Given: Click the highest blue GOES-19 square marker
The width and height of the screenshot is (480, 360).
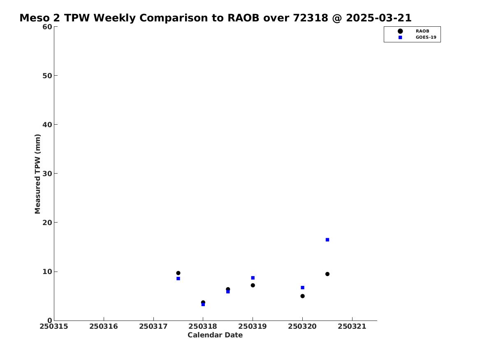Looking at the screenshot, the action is point(327,240).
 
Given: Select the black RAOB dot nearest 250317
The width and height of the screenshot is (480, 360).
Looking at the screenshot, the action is point(178,273).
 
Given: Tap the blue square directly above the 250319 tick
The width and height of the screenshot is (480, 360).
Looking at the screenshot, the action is point(253,278).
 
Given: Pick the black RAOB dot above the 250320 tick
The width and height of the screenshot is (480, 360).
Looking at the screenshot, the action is point(302,296).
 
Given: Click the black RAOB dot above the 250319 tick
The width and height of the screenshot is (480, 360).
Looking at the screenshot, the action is point(253,285).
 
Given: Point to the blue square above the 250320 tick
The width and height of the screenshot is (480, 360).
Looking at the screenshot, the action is point(302,288).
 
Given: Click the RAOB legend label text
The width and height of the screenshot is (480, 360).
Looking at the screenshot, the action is point(422,31).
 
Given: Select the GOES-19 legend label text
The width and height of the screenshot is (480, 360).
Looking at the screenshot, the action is point(426,37).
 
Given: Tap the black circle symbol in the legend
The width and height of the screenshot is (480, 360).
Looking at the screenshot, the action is point(400,31).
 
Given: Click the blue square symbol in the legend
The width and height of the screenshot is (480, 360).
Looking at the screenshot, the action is point(400,37).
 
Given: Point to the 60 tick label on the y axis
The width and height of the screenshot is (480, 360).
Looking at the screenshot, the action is point(47,27).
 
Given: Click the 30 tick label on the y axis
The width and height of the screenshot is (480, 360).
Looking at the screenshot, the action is point(47,174).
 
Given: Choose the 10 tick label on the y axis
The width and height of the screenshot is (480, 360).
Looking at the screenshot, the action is point(47,272).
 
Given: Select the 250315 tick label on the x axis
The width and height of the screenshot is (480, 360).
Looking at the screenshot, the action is point(54,326).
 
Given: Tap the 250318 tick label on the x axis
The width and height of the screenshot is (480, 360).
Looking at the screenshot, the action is point(203,326).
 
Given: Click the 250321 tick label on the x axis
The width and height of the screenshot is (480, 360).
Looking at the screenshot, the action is point(352,326).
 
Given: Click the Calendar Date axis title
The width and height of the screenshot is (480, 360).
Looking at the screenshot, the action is point(215,335).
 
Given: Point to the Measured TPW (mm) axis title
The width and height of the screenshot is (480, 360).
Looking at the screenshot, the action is point(37,174).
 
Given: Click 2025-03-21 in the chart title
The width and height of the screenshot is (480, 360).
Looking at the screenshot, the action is point(379,18).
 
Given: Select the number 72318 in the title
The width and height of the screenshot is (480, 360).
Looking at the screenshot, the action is point(311,18).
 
